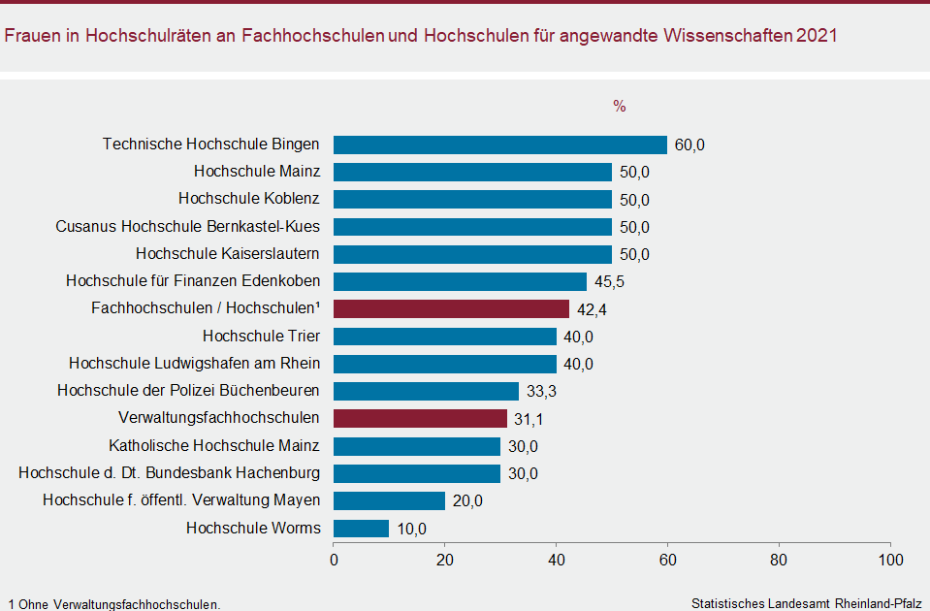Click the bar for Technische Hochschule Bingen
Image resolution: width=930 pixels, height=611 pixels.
click(x=499, y=145)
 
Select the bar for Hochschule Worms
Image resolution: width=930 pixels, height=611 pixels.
click(x=361, y=529)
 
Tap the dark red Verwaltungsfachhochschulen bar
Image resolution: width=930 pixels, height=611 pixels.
click(x=420, y=418)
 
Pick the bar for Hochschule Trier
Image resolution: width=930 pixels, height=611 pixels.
click(x=444, y=337)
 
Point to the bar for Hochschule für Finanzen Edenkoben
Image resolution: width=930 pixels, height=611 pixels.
click(x=460, y=281)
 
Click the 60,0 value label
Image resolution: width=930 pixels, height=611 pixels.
click(x=689, y=145)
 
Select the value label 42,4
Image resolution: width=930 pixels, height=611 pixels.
click(x=592, y=309)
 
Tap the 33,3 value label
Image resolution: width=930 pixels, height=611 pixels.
click(x=541, y=392)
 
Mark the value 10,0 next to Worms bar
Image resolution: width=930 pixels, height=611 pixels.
click(x=411, y=530)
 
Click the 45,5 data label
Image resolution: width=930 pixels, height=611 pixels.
click(x=609, y=282)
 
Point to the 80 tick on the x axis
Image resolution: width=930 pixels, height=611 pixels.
click(x=779, y=561)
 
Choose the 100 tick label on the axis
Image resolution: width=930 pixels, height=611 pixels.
click(x=889, y=561)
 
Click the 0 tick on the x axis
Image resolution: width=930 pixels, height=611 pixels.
click(x=334, y=561)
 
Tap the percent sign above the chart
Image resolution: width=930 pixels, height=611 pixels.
click(x=620, y=107)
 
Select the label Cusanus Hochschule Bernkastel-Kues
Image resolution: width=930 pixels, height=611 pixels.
click(x=188, y=227)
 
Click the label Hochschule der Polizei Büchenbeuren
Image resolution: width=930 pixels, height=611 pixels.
click(x=188, y=391)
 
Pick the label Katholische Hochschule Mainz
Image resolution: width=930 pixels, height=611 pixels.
click(x=213, y=446)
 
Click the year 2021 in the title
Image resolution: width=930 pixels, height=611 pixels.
click(x=817, y=36)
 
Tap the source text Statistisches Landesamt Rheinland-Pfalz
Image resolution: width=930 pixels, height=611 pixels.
click(x=806, y=603)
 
